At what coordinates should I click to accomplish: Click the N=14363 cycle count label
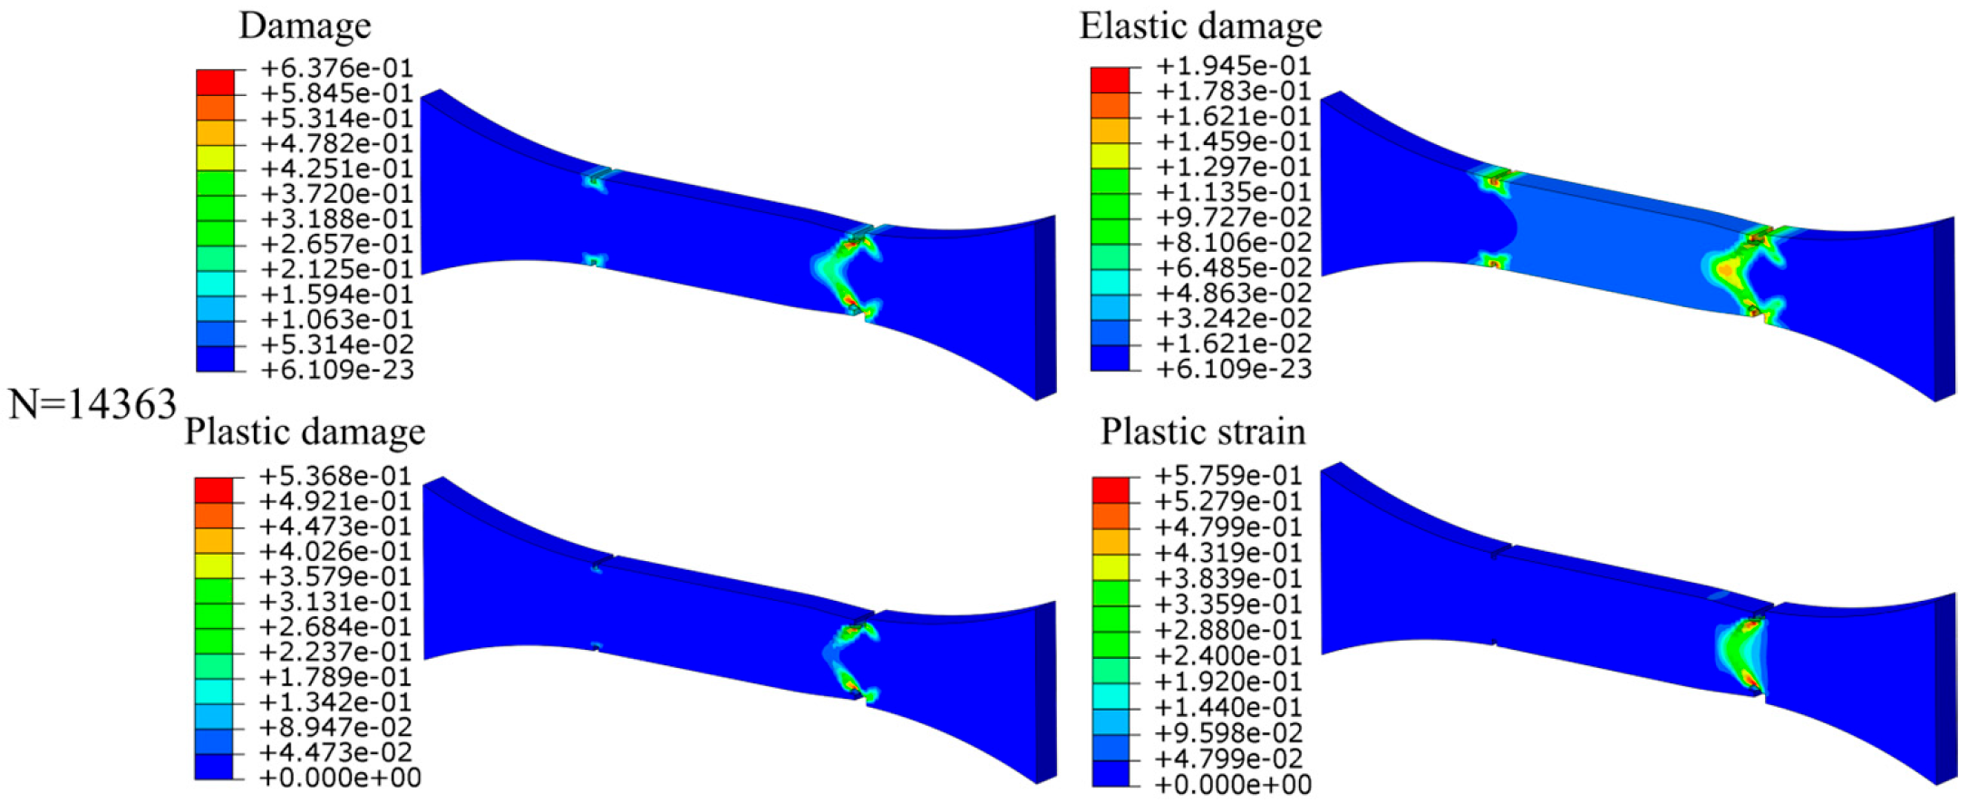(92, 404)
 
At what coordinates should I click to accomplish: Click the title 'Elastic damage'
(1200, 26)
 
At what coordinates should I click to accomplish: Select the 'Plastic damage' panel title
(305, 431)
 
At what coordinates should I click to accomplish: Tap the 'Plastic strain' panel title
(1203, 431)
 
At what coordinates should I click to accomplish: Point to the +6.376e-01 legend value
(336, 68)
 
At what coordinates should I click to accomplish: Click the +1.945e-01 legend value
(1234, 65)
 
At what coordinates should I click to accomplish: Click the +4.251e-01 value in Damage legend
(336, 169)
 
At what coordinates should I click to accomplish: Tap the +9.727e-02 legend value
(1234, 218)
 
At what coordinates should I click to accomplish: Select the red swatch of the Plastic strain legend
(1110, 490)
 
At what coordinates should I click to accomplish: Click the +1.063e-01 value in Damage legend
(336, 319)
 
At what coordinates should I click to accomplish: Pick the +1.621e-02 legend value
(1234, 343)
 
